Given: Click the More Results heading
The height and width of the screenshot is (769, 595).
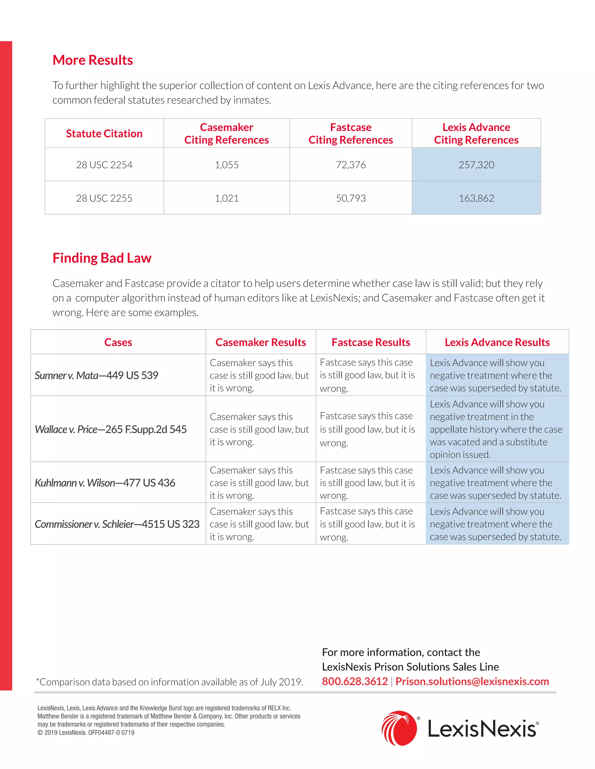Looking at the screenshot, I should [93, 60].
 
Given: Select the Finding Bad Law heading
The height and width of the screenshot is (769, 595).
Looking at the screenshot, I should [102, 258].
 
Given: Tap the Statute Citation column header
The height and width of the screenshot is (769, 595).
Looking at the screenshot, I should [104, 133].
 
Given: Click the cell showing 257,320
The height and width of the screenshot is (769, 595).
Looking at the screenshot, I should [476, 165].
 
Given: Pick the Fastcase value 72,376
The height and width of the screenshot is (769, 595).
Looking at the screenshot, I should [351, 165].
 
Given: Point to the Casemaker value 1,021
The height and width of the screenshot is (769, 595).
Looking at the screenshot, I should [227, 198].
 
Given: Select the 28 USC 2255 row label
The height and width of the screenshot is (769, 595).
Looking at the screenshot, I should [104, 198].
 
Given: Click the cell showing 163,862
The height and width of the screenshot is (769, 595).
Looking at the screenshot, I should [476, 198].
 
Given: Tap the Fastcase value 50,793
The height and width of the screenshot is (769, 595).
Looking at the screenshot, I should [351, 198].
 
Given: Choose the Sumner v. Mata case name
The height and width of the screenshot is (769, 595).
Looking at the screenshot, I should [96, 375].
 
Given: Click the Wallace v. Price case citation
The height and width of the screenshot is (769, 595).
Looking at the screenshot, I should [111, 429].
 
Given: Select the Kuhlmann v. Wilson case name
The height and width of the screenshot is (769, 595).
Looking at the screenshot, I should [105, 483].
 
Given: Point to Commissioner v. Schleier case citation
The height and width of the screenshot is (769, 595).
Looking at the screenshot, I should [117, 524].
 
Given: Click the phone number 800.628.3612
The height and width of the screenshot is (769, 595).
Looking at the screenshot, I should [355, 681].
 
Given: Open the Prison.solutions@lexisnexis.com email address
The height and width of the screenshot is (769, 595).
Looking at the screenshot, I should [472, 681].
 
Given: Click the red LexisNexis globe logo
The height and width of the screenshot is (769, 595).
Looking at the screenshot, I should [399, 728].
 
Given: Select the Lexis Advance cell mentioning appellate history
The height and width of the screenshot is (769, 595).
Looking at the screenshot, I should [496, 429].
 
